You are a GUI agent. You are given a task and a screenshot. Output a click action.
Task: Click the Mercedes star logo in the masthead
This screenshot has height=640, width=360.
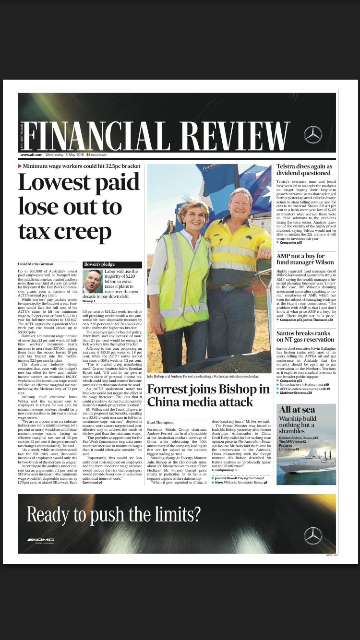(313, 135)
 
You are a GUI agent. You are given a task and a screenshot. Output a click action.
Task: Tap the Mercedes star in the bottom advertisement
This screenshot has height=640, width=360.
(313, 535)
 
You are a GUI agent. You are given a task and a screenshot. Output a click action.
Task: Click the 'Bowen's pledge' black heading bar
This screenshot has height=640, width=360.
(112, 264)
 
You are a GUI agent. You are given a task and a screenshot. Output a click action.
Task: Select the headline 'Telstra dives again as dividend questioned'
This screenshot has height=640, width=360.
(303, 170)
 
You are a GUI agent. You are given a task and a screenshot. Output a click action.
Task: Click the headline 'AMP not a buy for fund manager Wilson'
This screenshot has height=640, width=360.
(305, 259)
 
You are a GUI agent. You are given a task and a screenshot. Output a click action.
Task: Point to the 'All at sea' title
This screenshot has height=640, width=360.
(297, 409)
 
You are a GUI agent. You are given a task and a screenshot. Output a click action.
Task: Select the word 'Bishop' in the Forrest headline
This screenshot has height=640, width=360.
(245, 389)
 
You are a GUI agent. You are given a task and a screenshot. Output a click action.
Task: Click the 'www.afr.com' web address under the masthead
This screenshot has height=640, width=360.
(31, 155)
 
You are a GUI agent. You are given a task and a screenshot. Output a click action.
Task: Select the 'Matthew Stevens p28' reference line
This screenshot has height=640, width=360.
(296, 393)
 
